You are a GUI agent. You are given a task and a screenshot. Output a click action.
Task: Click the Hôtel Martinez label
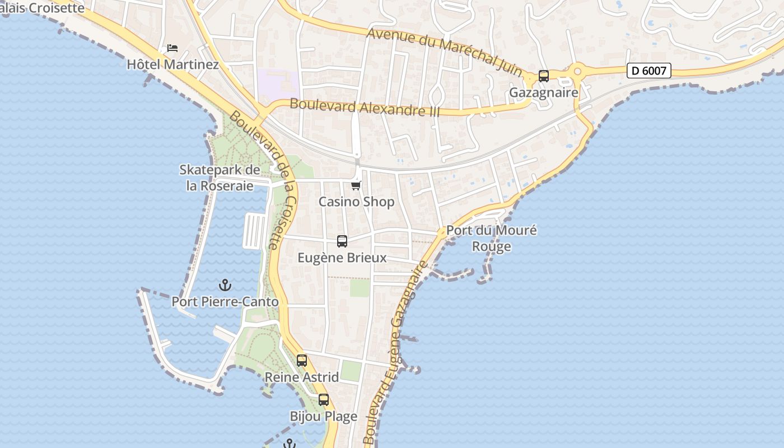point(172,64)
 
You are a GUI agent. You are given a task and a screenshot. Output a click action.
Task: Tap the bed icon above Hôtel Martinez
point(172,48)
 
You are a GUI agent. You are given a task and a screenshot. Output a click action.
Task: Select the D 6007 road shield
point(648,71)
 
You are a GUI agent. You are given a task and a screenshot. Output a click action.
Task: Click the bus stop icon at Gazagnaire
point(543,76)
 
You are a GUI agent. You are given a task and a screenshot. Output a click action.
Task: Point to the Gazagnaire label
point(543,92)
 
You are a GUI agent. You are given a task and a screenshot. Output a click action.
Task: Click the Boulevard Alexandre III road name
point(365,107)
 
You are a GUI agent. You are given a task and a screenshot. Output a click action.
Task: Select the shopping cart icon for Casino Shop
point(356,185)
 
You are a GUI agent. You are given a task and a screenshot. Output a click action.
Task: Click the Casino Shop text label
point(356,202)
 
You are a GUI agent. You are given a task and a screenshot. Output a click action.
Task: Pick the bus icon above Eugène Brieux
point(342,241)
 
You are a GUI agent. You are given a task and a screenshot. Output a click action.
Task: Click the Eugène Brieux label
point(342,258)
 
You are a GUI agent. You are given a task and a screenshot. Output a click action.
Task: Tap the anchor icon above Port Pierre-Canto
point(225,285)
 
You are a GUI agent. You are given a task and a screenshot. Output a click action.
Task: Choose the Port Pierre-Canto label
point(225,301)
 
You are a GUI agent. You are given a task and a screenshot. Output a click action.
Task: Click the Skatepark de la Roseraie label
point(220,178)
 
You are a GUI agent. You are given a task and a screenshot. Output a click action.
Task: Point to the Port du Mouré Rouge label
point(491,238)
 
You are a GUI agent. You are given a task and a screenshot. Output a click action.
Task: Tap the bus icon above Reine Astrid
point(302,361)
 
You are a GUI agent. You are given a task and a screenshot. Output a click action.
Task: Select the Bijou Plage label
point(323,416)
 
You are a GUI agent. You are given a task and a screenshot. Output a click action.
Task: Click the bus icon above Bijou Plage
point(324,400)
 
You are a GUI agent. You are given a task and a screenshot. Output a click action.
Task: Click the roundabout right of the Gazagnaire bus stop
point(577,71)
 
